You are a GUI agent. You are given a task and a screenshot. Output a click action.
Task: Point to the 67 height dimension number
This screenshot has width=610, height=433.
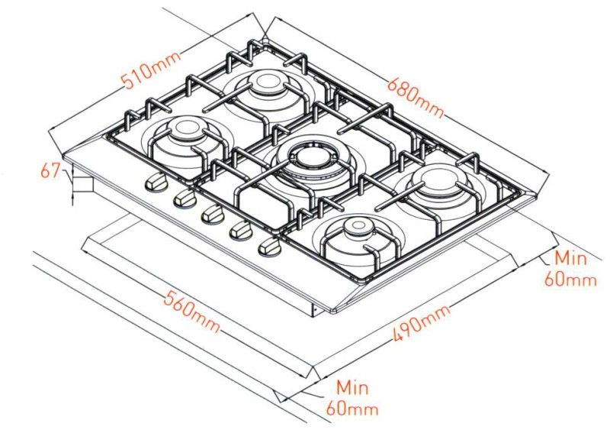tap(51, 172)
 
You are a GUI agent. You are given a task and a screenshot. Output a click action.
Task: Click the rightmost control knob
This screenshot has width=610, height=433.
tap(268, 247)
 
